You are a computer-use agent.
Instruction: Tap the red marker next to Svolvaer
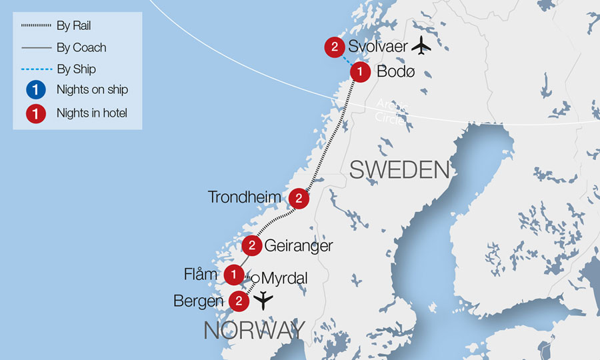click(x=335, y=47)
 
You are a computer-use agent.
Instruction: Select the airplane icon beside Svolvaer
click(x=421, y=46)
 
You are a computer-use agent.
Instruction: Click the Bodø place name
click(x=395, y=71)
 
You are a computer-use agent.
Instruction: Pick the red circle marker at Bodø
click(x=361, y=71)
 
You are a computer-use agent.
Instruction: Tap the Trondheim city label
click(x=244, y=197)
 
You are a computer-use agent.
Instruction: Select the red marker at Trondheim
click(x=299, y=198)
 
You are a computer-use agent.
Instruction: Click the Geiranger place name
click(x=298, y=246)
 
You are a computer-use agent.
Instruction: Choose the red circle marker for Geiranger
click(x=251, y=246)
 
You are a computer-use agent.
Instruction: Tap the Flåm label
click(x=201, y=274)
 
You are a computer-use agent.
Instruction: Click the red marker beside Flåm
click(x=233, y=274)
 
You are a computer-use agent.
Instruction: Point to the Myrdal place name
click(x=283, y=278)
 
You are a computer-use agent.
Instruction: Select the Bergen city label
click(x=198, y=301)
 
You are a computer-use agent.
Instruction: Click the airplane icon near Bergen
click(x=264, y=301)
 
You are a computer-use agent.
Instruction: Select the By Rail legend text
click(x=74, y=26)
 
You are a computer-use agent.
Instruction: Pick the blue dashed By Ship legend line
click(x=35, y=69)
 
